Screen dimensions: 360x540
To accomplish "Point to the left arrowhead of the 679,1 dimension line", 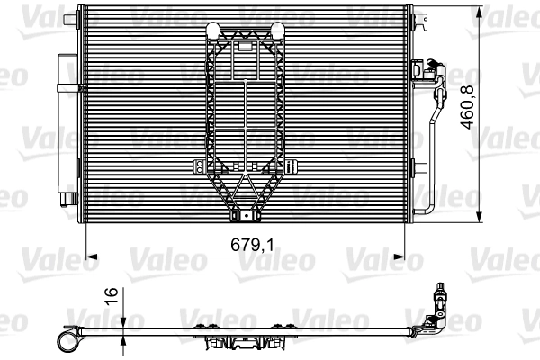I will coord(89,256).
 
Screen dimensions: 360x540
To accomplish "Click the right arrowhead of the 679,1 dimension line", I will coord(416,256).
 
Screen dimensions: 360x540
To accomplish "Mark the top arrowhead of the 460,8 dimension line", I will coord(483,10).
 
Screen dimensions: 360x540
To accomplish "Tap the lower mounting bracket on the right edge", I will coord(420,168).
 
